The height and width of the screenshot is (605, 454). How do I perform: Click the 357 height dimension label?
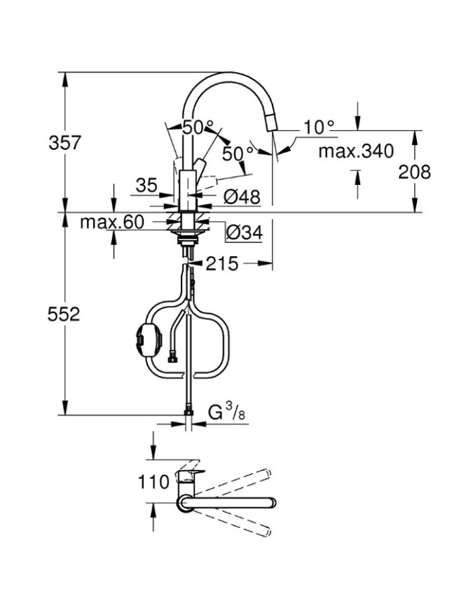pos(64,143)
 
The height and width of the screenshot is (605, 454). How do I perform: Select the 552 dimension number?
pos(64,314)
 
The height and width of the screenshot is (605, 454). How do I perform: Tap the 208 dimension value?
pos(414,172)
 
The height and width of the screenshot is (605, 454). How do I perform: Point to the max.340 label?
pos(356,151)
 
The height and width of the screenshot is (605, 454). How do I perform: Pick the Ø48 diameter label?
pos(242,197)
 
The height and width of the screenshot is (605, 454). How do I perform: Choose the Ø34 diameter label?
pos(245,232)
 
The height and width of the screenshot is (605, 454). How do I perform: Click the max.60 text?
pos(112,222)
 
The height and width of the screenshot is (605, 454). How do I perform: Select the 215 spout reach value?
pos(222,264)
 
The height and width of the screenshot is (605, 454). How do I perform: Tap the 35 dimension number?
pos(147,186)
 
